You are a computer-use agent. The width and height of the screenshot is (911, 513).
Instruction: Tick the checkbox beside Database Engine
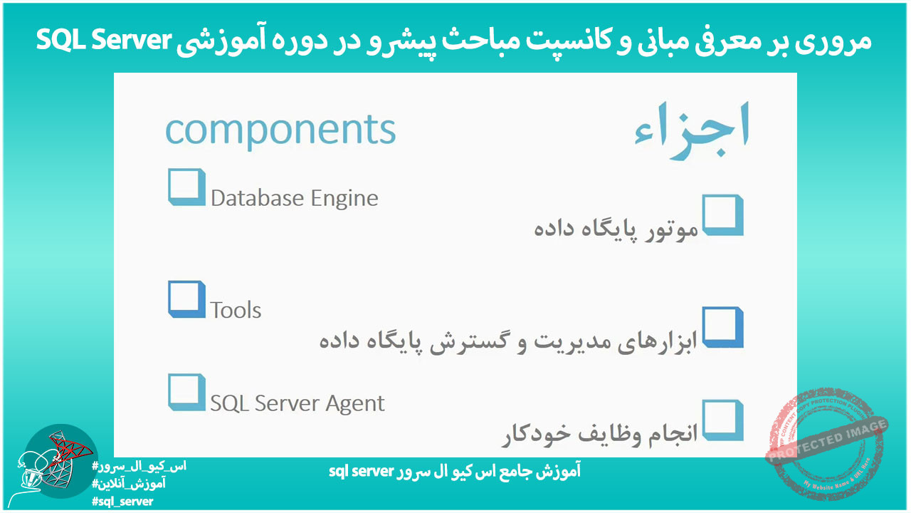186,187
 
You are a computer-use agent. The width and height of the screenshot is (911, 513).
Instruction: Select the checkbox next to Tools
186,299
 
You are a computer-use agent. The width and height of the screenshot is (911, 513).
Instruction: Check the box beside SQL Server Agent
186,393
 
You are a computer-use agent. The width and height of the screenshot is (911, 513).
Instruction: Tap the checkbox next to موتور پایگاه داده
722,215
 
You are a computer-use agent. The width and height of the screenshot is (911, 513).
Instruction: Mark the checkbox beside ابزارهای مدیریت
722,327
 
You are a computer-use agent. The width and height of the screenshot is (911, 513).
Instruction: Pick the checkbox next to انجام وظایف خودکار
722,420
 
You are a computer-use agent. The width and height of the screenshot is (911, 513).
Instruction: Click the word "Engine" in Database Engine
345,198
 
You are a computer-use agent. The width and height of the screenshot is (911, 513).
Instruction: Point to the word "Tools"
236,311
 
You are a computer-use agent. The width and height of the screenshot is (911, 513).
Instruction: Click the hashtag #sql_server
122,501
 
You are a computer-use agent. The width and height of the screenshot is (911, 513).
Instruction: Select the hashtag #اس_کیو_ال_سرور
139,467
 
